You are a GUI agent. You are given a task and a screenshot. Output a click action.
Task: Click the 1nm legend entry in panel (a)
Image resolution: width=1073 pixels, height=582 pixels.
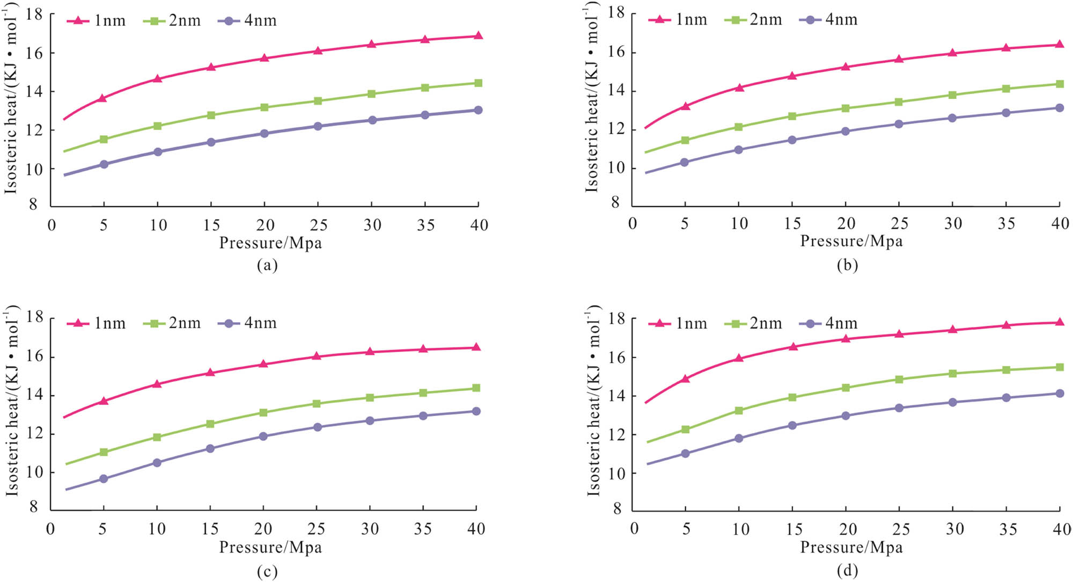pyautogui.click(x=97, y=20)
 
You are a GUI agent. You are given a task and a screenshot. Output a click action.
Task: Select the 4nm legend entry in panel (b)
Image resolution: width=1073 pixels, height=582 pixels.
pyautogui.click(x=829, y=20)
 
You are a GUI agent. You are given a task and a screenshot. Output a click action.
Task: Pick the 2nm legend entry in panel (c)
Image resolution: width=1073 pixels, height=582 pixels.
pyautogui.click(x=172, y=323)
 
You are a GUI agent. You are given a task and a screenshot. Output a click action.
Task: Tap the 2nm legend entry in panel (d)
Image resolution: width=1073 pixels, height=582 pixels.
pyautogui.click(x=753, y=324)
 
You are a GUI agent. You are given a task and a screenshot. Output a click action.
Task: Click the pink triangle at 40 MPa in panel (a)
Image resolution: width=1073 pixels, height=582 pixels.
pyautogui.click(x=478, y=36)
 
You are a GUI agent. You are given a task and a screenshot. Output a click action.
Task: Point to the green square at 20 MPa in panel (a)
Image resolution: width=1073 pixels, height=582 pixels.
pyautogui.click(x=264, y=107)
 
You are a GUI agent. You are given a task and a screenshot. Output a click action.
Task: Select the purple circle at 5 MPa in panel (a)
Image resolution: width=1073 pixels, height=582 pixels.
pyautogui.click(x=104, y=164)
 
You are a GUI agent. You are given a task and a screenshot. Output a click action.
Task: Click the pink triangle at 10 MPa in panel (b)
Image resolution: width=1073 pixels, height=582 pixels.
pyautogui.click(x=739, y=88)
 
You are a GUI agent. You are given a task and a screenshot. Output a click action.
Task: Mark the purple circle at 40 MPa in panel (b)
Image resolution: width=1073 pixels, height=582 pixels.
pyautogui.click(x=1059, y=108)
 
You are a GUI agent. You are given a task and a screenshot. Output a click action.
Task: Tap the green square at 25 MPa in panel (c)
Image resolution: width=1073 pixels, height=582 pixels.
pyautogui.click(x=317, y=404)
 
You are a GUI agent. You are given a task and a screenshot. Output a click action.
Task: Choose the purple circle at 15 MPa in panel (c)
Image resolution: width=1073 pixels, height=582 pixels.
pyautogui.click(x=210, y=448)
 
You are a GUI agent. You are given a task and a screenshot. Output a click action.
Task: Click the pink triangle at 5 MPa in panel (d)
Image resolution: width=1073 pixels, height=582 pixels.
pyautogui.click(x=685, y=379)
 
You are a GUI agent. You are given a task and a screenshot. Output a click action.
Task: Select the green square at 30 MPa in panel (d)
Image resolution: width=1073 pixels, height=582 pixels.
pyautogui.click(x=952, y=373)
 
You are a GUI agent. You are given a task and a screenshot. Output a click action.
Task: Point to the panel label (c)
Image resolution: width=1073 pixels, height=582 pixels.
pyautogui.click(x=267, y=572)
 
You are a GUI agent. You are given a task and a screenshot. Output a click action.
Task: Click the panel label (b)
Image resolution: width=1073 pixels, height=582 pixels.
pyautogui.click(x=847, y=265)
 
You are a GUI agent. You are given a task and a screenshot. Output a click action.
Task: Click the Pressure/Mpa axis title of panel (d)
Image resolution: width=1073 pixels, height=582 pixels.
pyautogui.click(x=851, y=548)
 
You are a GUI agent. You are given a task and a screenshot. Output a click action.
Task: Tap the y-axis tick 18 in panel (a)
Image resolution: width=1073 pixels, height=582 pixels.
pyautogui.click(x=34, y=14)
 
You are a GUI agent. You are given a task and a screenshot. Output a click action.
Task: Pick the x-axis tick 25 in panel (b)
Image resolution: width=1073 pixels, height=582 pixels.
pyautogui.click(x=899, y=223)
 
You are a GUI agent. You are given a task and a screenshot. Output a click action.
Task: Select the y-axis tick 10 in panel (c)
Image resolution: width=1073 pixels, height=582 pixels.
pyautogui.click(x=33, y=472)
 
